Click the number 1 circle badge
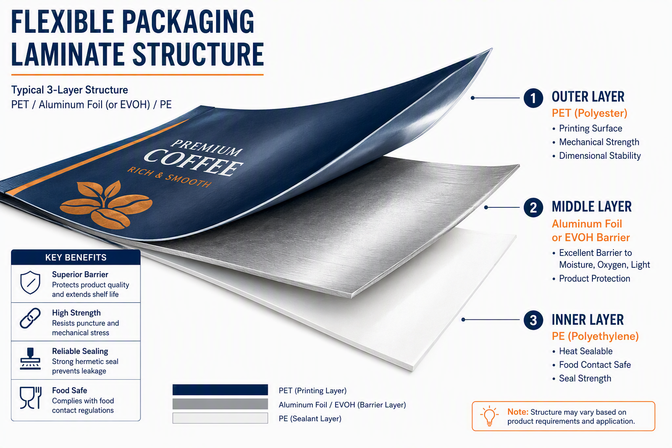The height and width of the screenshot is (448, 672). pyautogui.click(x=533, y=98)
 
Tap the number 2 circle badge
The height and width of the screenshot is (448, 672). pyautogui.click(x=533, y=207)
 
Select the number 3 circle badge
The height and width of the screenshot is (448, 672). pyautogui.click(x=533, y=320)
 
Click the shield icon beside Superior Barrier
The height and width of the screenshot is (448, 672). pyautogui.click(x=30, y=283)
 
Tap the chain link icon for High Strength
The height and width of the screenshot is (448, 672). pyautogui.click(x=30, y=318)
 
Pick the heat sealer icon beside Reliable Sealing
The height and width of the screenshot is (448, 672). pyautogui.click(x=30, y=358)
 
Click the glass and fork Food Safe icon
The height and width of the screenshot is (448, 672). pyautogui.click(x=31, y=398)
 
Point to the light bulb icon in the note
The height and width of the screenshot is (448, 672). pyautogui.click(x=489, y=416)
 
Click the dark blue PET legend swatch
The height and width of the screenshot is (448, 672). pyautogui.click(x=220, y=390)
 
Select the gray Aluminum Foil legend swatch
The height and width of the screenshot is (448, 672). pyautogui.click(x=220, y=404)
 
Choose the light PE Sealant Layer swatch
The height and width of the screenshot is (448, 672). pyautogui.click(x=220, y=418)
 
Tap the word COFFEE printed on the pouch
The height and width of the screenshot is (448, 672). pyautogui.click(x=193, y=162)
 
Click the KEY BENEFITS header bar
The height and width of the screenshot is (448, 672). pyautogui.click(x=76, y=257)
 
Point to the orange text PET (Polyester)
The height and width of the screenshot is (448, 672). pyautogui.click(x=589, y=113)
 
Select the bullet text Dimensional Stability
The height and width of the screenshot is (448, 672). pyautogui.click(x=600, y=156)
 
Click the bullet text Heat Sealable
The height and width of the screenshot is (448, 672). pyautogui.click(x=586, y=351)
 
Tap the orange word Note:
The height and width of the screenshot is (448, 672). pyautogui.click(x=518, y=412)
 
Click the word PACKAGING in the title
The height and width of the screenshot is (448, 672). pyautogui.click(x=188, y=21)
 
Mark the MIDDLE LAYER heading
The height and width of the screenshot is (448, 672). pyautogui.click(x=591, y=207)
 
